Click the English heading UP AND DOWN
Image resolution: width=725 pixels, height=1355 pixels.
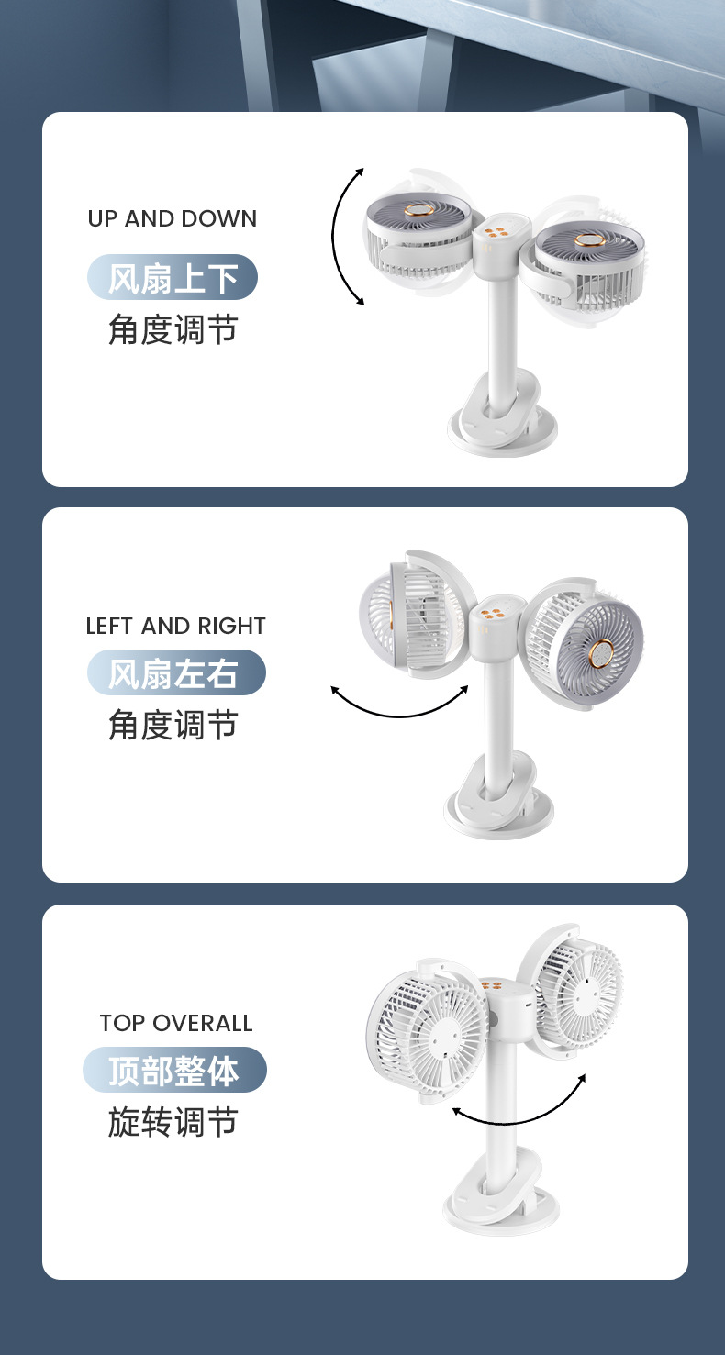pyautogui.click(x=173, y=218)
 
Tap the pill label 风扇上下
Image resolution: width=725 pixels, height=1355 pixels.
pyautogui.click(x=173, y=277)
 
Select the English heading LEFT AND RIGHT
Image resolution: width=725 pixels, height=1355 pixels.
pyautogui.click(x=175, y=626)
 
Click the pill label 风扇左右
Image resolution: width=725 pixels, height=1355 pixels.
pyautogui.click(x=176, y=672)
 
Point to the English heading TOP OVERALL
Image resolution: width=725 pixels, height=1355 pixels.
pyautogui.click(x=176, y=1023)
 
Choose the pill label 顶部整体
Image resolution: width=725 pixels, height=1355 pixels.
pyautogui.click(x=174, y=1070)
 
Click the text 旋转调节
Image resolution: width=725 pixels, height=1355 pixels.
pyautogui.click(x=173, y=1122)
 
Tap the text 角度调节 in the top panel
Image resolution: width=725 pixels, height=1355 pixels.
pyautogui.click(x=173, y=329)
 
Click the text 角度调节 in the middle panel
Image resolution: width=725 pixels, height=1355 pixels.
pyautogui.click(x=173, y=725)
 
